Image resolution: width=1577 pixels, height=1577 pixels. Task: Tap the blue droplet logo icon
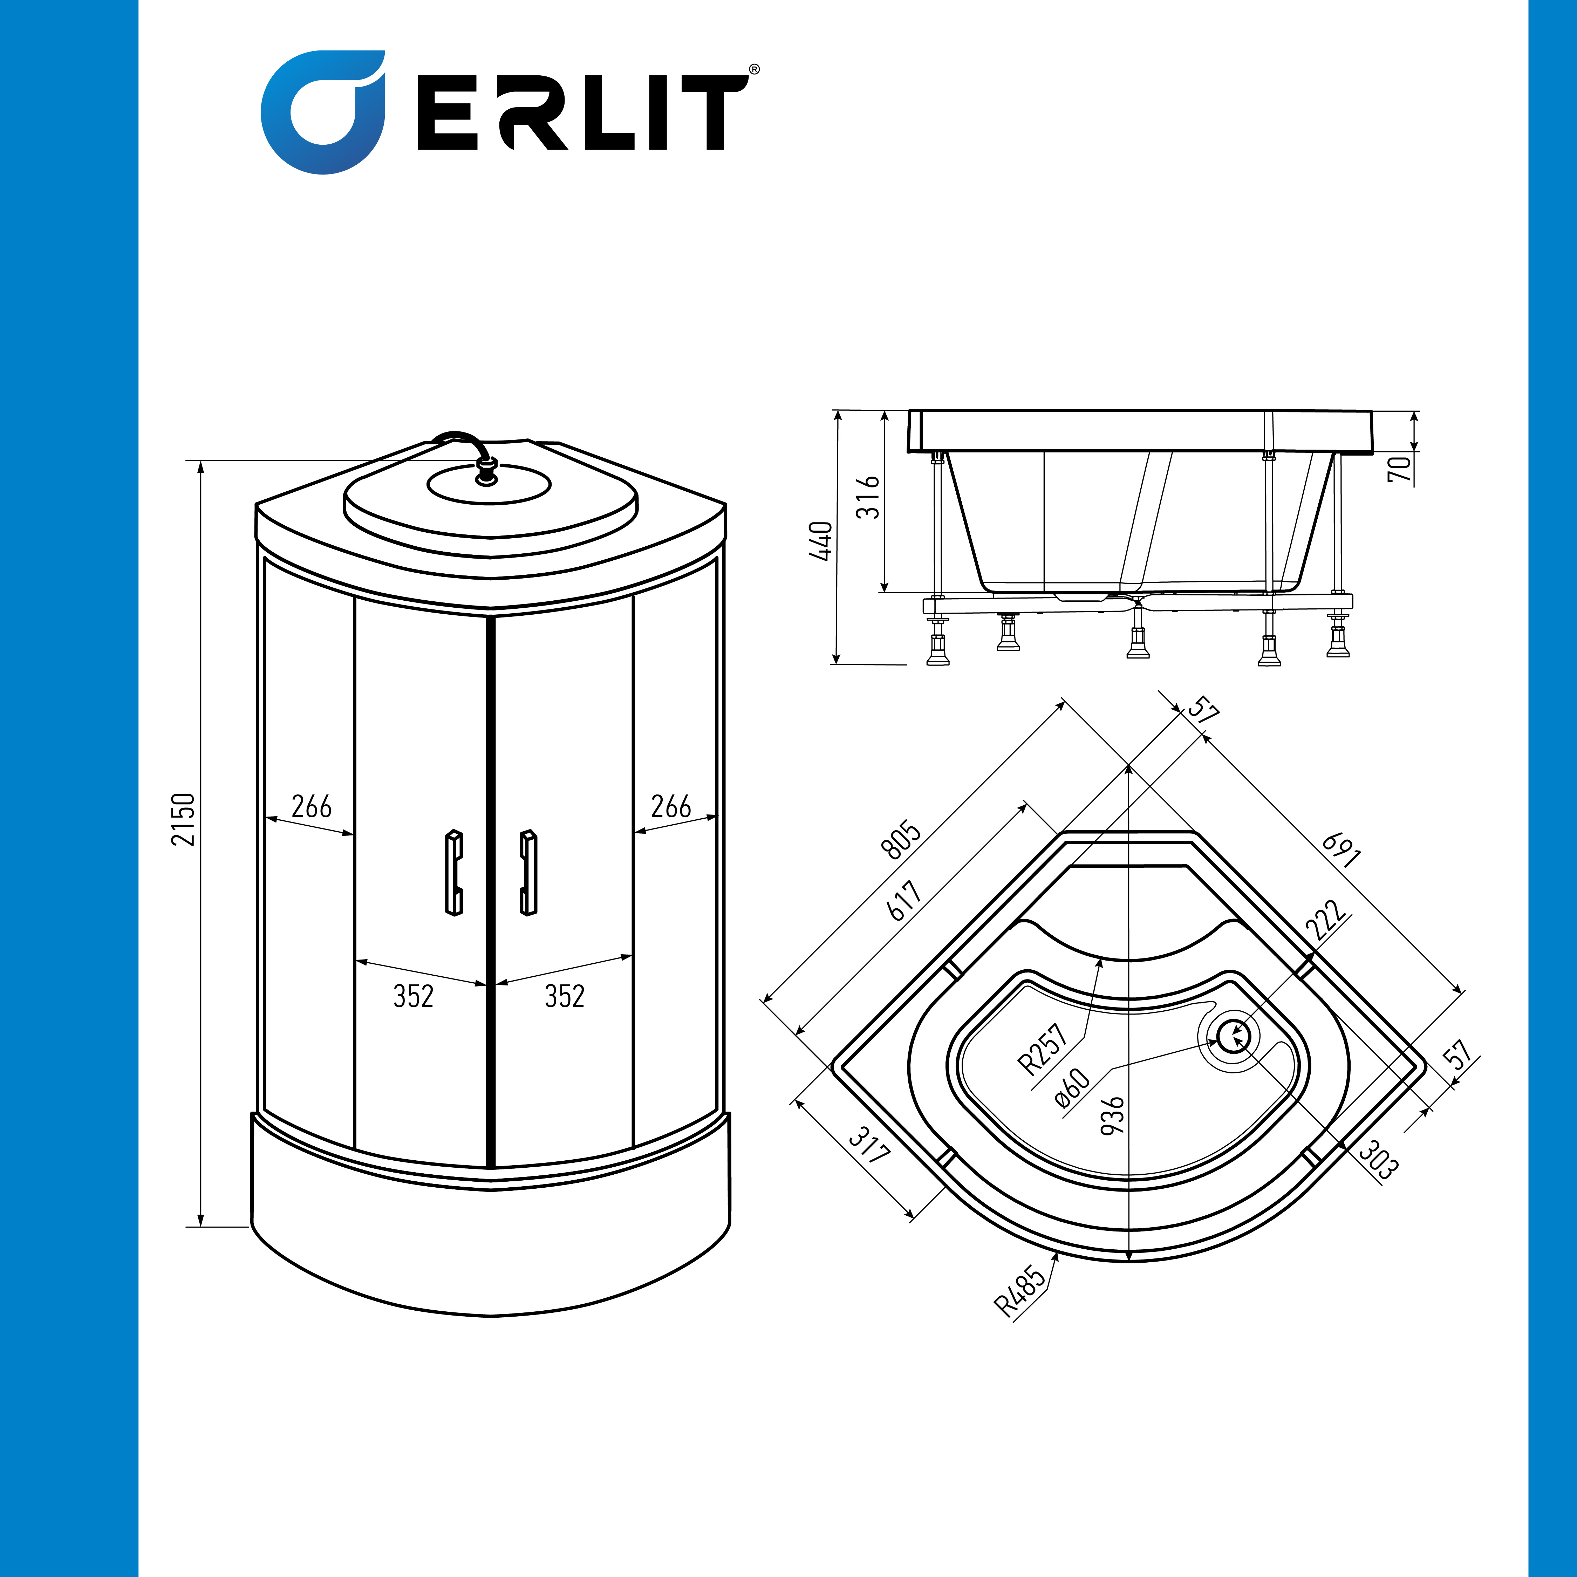(323, 112)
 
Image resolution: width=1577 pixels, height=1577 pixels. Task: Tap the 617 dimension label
(904, 900)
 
